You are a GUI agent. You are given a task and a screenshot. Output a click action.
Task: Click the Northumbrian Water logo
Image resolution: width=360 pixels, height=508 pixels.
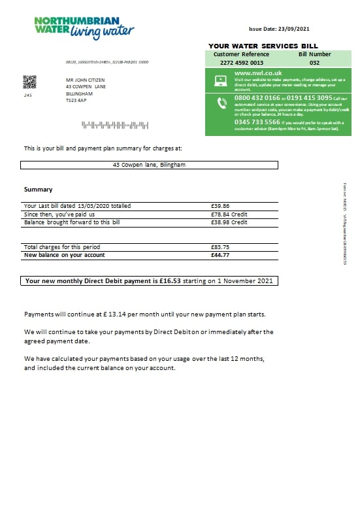(x=84, y=28)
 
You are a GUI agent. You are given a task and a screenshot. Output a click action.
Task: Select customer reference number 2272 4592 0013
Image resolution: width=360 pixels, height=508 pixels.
(x=241, y=63)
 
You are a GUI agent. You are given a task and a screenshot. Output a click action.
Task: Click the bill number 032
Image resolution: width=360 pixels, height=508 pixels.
(x=314, y=63)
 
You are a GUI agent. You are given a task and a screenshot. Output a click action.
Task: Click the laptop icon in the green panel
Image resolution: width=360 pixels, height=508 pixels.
(x=220, y=81)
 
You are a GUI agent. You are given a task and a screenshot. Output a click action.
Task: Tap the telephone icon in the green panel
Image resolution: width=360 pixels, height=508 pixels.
(x=220, y=102)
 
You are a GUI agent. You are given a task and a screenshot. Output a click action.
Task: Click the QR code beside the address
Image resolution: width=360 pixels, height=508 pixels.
(x=30, y=82)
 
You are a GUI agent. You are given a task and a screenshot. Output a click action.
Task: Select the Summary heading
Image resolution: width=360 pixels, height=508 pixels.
(x=38, y=190)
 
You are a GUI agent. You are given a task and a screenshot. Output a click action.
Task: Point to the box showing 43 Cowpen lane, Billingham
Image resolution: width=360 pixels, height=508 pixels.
(x=150, y=165)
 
